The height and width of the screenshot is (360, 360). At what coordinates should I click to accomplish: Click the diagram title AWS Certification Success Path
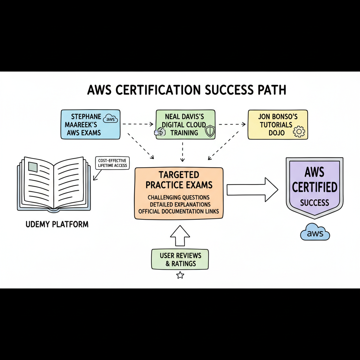pos(186,90)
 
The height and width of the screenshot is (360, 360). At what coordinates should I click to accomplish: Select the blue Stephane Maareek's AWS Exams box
pos(90,124)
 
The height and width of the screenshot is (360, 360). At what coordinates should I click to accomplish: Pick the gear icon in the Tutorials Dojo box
pos(299,132)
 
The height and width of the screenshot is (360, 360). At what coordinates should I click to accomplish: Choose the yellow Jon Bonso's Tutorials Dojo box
pos(277,124)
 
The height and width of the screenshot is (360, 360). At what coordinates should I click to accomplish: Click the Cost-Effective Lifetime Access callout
pos(112,163)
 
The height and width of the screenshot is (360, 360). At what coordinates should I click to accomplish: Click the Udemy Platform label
pos(57,224)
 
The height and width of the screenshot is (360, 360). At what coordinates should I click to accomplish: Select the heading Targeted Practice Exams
pos(179,180)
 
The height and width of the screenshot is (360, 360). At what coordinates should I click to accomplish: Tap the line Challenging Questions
pos(179,197)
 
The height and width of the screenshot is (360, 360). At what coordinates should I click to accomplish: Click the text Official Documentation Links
pos(179,211)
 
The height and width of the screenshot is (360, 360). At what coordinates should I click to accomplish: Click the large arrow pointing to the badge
pos(252,189)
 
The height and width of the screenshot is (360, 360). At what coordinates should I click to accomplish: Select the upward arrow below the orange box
pos(180,236)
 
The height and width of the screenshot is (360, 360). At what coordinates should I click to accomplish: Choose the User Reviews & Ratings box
pos(180,259)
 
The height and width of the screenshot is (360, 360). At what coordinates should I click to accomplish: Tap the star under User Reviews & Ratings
pos(180,275)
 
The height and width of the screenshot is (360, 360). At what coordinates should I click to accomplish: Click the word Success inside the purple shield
pos(314,202)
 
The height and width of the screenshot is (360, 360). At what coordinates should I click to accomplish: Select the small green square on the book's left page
pos(32,167)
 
